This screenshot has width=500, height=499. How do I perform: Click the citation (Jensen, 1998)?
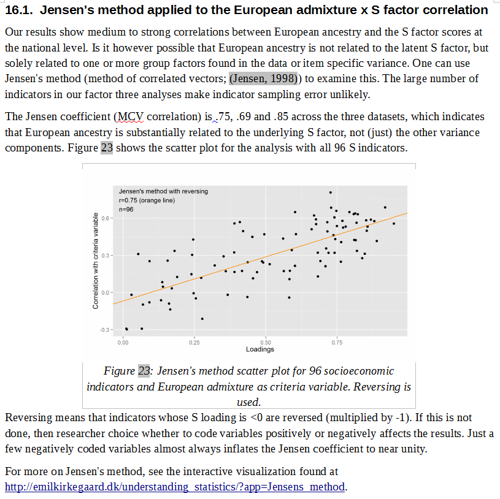click(x=263, y=78)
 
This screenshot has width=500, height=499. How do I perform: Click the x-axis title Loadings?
click(x=260, y=349)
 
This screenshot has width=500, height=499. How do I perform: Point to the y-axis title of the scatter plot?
click(x=95, y=261)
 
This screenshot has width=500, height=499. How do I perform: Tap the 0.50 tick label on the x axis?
click(x=266, y=342)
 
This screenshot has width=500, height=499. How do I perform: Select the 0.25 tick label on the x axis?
click(x=194, y=342)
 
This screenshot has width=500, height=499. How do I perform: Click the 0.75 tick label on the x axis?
click(x=337, y=342)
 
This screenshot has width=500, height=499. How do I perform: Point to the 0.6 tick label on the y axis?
click(x=105, y=218)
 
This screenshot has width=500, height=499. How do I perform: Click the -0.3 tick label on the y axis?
click(x=104, y=330)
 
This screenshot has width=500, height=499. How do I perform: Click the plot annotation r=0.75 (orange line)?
click(x=147, y=200)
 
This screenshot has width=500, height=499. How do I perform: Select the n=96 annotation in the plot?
click(x=126, y=210)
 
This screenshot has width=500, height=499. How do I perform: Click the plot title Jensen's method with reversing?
click(x=163, y=191)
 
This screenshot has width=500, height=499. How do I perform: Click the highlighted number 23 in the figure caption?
click(x=144, y=371)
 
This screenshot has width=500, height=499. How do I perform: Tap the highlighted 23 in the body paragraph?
click(x=107, y=148)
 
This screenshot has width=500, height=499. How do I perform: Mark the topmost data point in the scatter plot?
click(x=330, y=192)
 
